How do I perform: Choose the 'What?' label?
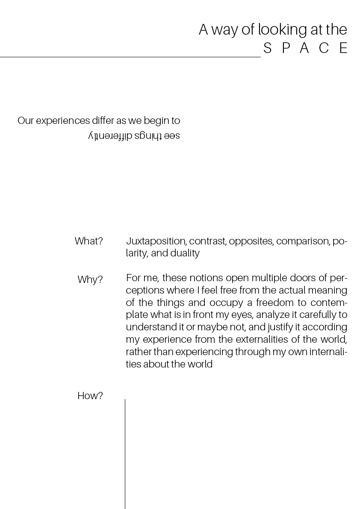click(x=89, y=241)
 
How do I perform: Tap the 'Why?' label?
click(x=90, y=280)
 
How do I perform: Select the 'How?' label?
click(x=90, y=396)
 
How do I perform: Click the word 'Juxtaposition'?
click(x=156, y=241)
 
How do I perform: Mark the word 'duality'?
click(x=185, y=253)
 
